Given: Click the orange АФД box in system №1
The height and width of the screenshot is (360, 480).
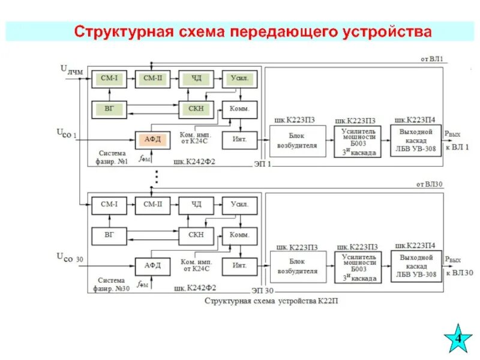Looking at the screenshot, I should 150,139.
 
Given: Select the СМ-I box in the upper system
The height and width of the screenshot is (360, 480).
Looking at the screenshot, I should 109,79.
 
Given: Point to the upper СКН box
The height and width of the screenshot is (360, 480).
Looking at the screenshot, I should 196,109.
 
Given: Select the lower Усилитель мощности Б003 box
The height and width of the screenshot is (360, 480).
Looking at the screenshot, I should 359,268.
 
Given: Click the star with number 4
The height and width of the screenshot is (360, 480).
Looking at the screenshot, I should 458,338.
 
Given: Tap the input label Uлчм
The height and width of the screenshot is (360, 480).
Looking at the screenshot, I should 71,70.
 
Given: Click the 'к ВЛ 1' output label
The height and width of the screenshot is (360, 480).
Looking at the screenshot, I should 457,147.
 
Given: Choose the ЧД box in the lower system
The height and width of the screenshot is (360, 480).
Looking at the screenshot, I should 196,205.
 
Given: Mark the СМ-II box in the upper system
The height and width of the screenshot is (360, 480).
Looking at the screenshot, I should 152,79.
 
